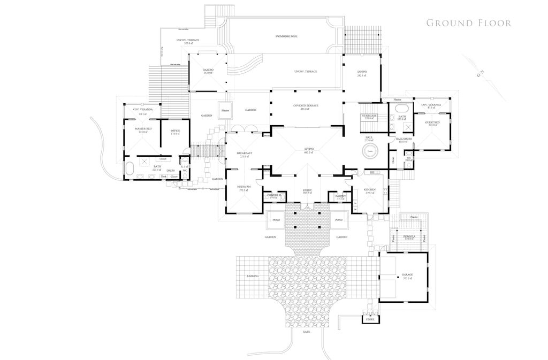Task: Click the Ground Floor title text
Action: tap(468, 23)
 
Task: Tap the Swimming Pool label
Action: tap(286, 36)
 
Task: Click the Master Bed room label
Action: tap(143, 129)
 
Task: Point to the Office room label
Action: tap(175, 132)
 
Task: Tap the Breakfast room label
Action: tap(244, 154)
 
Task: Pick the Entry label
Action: tap(307, 190)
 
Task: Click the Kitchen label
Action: tap(370, 189)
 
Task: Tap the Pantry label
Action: tap(340, 196)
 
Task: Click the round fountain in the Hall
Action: tap(370, 151)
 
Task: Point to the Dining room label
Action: tap(362, 72)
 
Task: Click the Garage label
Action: tap(407, 275)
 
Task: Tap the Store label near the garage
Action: tap(369, 319)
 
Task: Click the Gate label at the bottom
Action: tap(307, 332)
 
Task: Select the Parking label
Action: tap(253, 276)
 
